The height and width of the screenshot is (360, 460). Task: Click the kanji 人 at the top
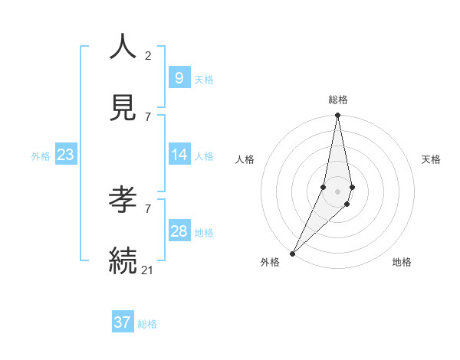pos(123,47)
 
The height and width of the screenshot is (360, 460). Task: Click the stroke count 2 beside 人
pos(148,55)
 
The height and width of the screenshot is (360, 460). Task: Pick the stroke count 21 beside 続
pos(148,270)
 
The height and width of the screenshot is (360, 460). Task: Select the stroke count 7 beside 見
pos(148,116)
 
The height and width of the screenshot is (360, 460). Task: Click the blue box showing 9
pos(179,78)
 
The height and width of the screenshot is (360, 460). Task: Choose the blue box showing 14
pos(179,155)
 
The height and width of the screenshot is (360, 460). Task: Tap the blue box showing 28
pos(179,231)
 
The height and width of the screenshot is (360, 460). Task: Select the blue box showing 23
pos(65,155)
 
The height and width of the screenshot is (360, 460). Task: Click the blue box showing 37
pos(122,322)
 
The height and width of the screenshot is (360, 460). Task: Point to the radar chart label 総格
pos(338,100)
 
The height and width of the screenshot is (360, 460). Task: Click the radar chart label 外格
pos(270,262)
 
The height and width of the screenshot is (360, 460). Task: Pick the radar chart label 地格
pos(402,262)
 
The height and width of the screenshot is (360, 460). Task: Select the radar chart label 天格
pos(432,159)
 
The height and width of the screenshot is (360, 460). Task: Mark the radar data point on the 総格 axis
pos(337,116)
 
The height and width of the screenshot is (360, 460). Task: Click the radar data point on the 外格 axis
pos(292,252)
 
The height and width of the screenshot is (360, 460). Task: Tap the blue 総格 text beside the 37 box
pos(147,324)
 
